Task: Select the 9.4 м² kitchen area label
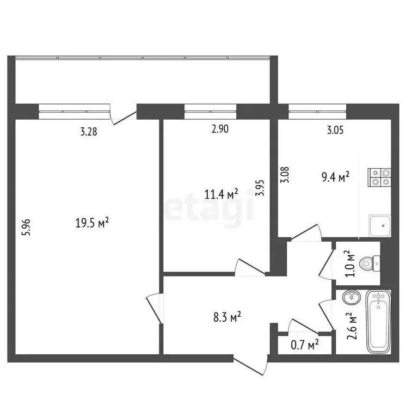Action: coord(335,177)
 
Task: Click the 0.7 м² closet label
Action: coord(304,344)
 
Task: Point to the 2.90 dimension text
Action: coord(219,129)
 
